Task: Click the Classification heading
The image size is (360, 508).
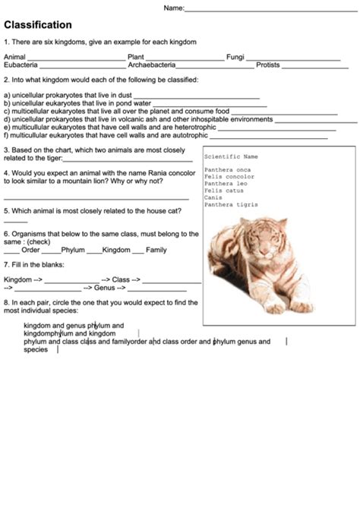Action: tap(38, 25)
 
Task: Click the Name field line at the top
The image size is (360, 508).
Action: tap(270, 11)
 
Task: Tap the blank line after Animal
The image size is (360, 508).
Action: tap(76, 58)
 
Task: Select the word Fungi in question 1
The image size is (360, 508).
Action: tap(235, 56)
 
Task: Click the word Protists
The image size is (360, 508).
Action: tap(268, 65)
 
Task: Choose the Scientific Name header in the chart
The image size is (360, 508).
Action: tap(231, 156)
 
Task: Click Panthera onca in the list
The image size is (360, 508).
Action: tap(227, 170)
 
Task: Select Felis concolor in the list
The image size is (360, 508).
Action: tap(229, 177)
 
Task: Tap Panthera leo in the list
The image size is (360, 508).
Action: tap(226, 184)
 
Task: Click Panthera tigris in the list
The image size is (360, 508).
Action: tap(231, 204)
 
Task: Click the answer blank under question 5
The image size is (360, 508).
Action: tap(15, 221)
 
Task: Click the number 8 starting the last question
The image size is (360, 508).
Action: tap(6, 302)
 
